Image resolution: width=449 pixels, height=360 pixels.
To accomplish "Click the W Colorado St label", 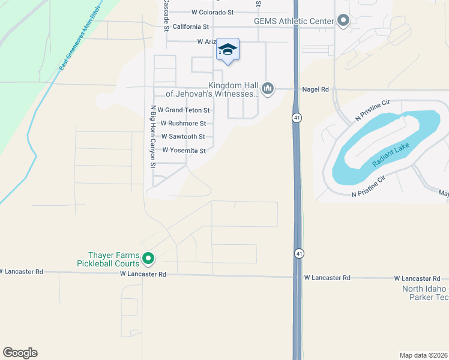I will click(x=212, y=12).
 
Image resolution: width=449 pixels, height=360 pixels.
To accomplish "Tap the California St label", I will click(x=190, y=27).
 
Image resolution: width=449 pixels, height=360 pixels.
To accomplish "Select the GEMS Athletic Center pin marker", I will click(x=343, y=21).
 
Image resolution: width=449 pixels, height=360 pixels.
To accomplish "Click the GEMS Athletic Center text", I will click(x=294, y=22).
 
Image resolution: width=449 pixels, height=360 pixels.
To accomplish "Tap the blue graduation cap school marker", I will click(x=228, y=49).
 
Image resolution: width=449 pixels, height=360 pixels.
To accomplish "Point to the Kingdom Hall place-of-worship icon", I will click(x=268, y=89).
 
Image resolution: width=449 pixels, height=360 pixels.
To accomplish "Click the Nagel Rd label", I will click(x=316, y=89).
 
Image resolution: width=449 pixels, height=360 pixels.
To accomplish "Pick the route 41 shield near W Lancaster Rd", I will click(x=298, y=254).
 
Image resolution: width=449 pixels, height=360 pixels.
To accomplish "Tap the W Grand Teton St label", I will click(x=183, y=110).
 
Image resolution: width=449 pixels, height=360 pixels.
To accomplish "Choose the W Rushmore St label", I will click(x=183, y=124).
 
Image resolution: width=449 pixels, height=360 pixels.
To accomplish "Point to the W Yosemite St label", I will click(x=184, y=151).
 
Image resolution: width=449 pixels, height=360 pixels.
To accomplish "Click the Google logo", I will click(x=20, y=353).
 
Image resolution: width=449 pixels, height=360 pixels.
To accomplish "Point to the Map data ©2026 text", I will click(x=424, y=355).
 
